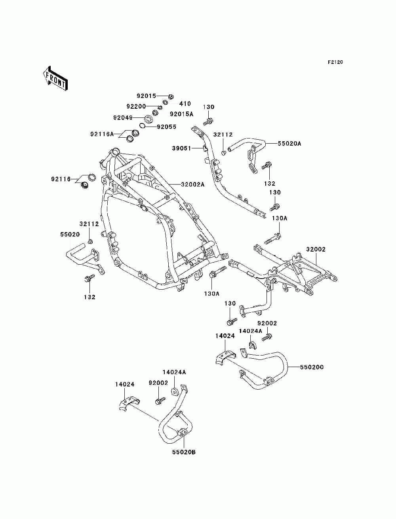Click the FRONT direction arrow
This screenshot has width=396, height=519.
pos(55,78)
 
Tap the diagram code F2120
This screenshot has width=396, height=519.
pos(335,62)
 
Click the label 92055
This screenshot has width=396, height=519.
pos(167,127)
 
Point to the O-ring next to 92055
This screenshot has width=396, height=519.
pos(142,125)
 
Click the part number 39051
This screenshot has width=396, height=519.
pos(181,148)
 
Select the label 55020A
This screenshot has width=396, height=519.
pos(289,144)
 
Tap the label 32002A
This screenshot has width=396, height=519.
pos(193,184)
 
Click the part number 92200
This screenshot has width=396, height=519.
pos(136,106)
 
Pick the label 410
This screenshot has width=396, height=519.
pos(185,104)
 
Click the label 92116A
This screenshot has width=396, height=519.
pos(102,134)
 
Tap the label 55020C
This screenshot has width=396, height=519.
pos(312,367)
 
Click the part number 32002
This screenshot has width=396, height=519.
pos(316,249)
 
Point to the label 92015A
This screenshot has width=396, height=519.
pos(181,114)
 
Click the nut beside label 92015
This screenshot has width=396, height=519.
pos(171,96)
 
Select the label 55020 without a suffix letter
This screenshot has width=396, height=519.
pos(70,235)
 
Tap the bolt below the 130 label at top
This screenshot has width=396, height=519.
pos(208,121)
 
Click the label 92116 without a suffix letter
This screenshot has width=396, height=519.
pos(61,179)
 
